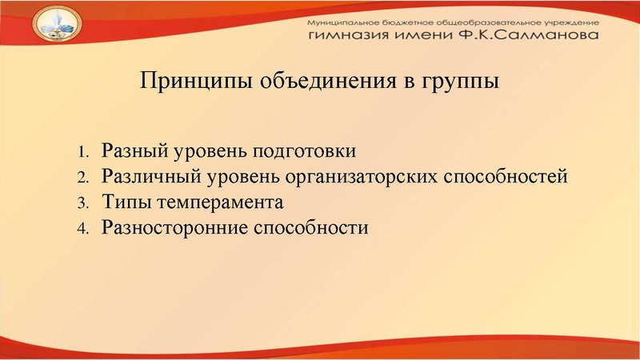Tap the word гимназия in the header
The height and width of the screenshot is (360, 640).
[346, 36]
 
